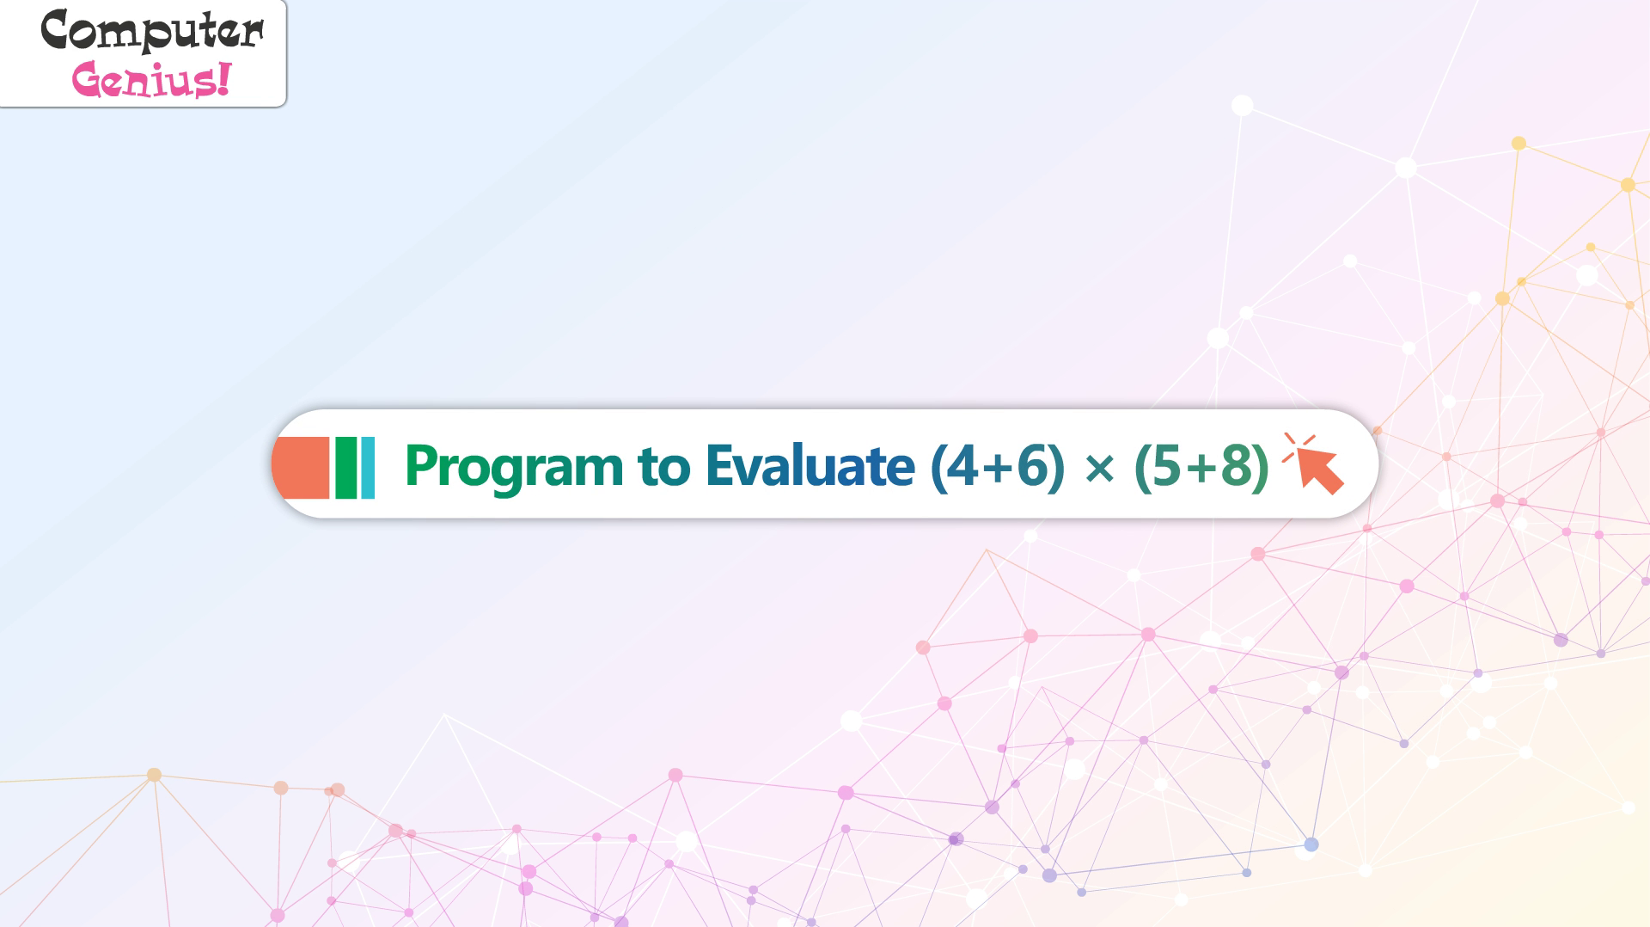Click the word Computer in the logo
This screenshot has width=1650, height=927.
(152, 32)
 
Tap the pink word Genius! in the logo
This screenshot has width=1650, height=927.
(151, 80)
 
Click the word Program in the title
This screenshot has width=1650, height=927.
(514, 468)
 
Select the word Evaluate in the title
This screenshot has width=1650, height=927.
(810, 465)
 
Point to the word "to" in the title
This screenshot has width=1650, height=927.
(663, 467)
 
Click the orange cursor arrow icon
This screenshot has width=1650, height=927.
(1313, 464)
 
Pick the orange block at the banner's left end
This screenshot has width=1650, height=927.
(301, 468)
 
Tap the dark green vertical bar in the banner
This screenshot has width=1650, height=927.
(345, 468)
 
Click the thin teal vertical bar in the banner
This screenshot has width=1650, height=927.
(369, 468)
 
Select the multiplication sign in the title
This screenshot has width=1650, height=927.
(1100, 469)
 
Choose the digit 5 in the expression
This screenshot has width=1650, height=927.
(1168, 466)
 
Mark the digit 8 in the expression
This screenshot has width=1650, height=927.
(1235, 465)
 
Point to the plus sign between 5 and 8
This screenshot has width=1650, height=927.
(1201, 468)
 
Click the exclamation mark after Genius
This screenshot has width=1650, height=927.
(224, 78)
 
